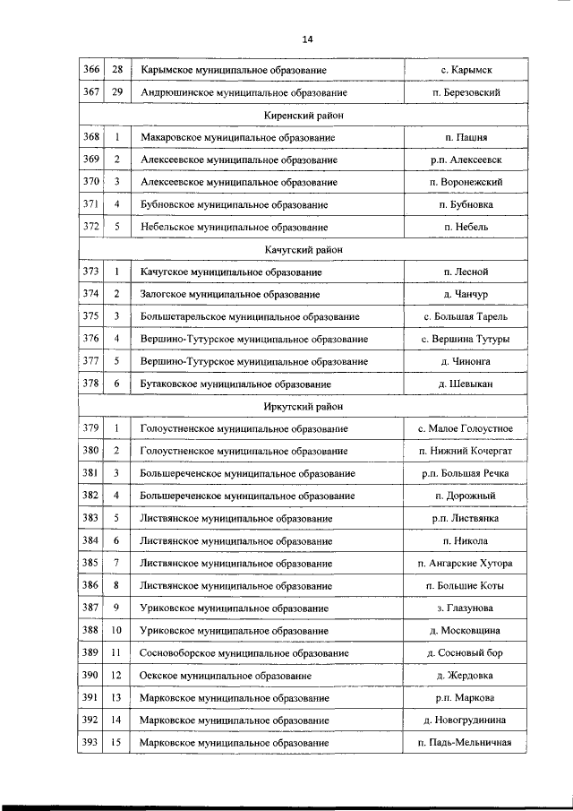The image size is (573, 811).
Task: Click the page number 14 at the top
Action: (307, 39)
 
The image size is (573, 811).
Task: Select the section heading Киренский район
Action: (304, 116)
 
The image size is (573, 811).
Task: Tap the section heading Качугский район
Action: (304, 250)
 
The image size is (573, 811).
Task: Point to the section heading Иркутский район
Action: (304, 407)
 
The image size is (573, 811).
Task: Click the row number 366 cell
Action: (91, 70)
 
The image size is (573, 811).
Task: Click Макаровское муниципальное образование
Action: (237, 138)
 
